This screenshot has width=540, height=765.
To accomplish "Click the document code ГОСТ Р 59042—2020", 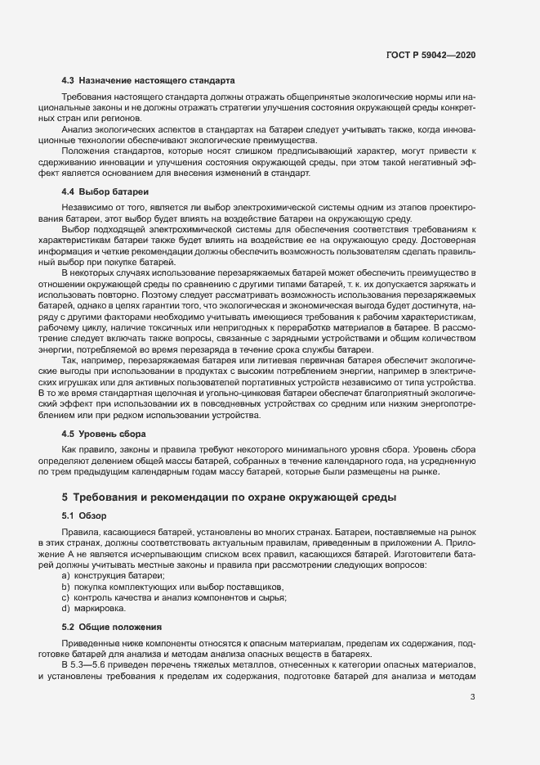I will tap(431, 54).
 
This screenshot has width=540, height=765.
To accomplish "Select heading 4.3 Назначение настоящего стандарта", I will tap(149, 81).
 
